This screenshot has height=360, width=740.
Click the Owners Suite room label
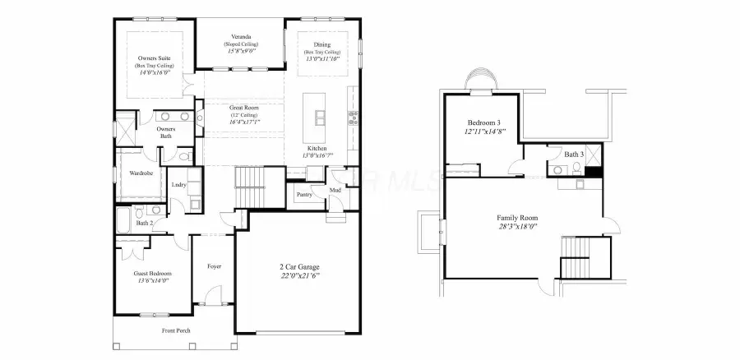pyautogui.click(x=154, y=58)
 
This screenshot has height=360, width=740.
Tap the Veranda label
pyautogui.click(x=240, y=36)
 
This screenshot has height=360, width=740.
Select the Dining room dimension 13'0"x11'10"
pyautogui.click(x=321, y=58)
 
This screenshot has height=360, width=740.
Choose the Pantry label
pyautogui.click(x=303, y=194)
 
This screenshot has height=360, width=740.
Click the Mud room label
pyautogui.click(x=335, y=191)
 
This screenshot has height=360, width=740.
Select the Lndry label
pyautogui.click(x=178, y=185)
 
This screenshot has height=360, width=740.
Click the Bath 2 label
pyautogui.click(x=145, y=223)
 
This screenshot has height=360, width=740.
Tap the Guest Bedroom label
pyautogui.click(x=152, y=273)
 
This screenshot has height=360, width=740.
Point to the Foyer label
pyautogui.click(x=214, y=266)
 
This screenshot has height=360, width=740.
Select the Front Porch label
pyautogui.click(x=178, y=330)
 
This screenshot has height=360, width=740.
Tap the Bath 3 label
pyautogui.click(x=574, y=154)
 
